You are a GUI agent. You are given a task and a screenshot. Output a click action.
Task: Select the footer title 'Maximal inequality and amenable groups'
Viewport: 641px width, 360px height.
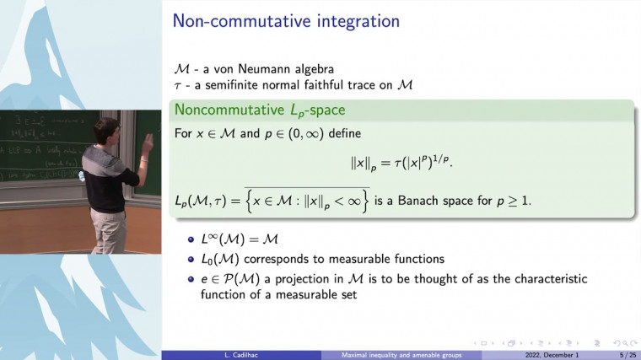pyautogui.click(x=401, y=355)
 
